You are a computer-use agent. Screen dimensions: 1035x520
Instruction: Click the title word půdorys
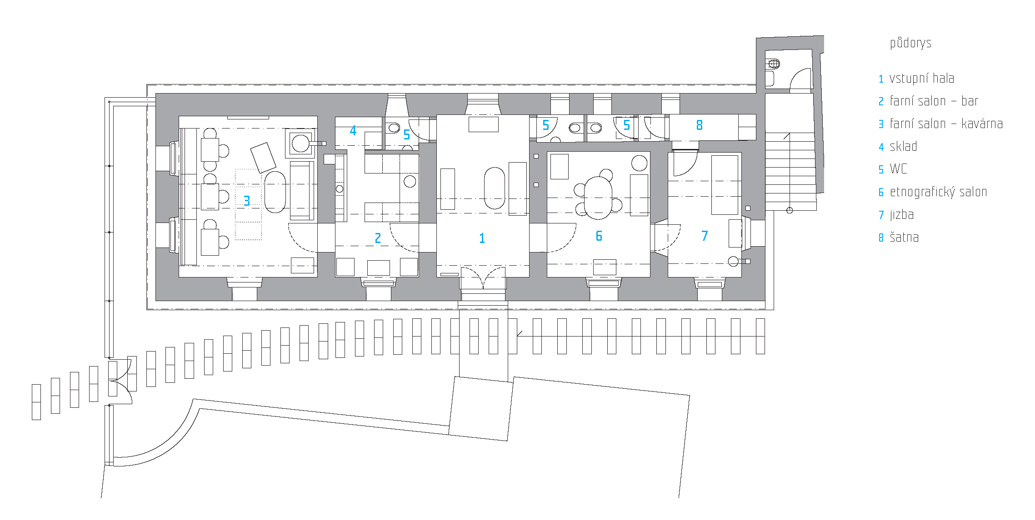click(910, 43)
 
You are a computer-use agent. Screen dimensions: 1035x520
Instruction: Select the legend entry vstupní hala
click(922, 78)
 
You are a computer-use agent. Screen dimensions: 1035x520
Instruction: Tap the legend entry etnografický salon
click(939, 192)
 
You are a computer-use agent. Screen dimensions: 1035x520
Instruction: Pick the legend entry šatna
click(904, 237)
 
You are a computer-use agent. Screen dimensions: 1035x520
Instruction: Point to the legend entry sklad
click(903, 146)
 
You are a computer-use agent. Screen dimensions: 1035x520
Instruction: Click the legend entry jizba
click(902, 215)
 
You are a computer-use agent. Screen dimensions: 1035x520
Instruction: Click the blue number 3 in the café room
click(247, 201)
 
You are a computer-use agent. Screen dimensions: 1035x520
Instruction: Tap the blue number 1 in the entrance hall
click(482, 238)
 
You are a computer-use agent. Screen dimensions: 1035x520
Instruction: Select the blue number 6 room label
click(599, 236)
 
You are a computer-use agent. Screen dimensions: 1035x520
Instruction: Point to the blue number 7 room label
click(705, 236)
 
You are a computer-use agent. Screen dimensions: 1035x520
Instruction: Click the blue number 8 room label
click(700, 125)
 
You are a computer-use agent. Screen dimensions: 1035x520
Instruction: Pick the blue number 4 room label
click(353, 131)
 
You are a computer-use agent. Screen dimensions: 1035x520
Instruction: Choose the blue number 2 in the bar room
click(378, 238)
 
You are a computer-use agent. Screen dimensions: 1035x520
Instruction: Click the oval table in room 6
click(598, 198)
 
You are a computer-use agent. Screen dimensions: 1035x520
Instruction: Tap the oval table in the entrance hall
click(495, 188)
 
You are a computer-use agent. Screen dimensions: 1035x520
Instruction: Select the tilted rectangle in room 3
click(263, 158)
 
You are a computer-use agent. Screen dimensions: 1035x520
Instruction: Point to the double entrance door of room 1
click(483, 277)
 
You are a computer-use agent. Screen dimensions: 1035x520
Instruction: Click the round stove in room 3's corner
click(300, 143)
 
